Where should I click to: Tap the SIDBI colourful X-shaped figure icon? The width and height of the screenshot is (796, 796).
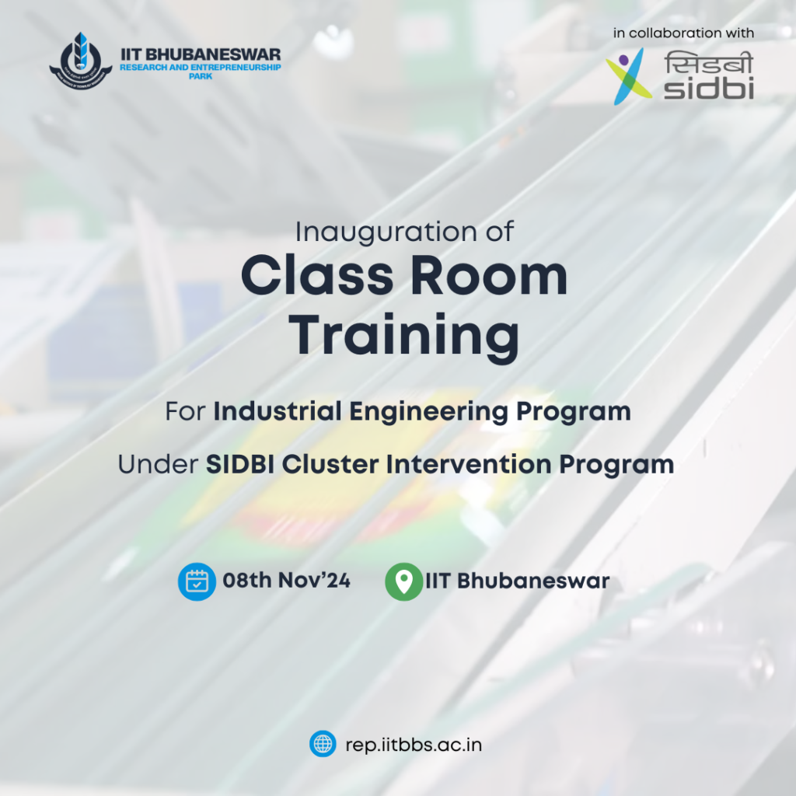coord(628,76)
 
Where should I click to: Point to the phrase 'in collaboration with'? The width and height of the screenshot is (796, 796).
coord(683,33)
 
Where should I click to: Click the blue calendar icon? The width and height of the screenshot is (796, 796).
coord(197,581)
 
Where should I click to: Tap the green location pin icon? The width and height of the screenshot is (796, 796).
coord(404,581)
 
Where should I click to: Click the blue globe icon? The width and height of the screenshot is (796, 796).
coord(323,744)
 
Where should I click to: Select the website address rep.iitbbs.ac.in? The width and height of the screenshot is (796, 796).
coord(414,745)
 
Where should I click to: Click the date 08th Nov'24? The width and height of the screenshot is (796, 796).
coord(286,580)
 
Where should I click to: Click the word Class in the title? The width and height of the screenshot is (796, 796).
coord(317,276)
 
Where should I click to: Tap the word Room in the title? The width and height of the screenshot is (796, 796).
coord(489,276)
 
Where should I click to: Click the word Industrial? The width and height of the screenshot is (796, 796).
coord(278,410)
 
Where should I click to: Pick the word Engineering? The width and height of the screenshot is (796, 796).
coord(428,412)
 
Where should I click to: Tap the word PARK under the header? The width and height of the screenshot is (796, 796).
coord(201,76)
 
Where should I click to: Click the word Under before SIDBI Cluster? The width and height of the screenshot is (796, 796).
coord(158,464)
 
